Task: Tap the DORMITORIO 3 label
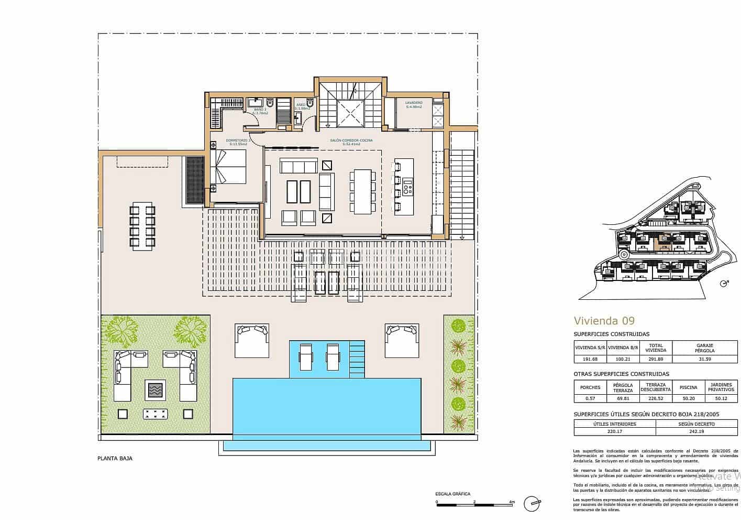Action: click(238, 140)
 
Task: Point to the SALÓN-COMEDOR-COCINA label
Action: click(352, 140)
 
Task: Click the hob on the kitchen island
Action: click(407, 185)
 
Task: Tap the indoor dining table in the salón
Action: click(362, 191)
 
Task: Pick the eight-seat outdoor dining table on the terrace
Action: click(142, 226)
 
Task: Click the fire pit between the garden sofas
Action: click(156, 390)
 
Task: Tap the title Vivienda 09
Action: click(604, 321)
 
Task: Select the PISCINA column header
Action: click(688, 387)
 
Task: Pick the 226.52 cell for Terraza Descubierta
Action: click(655, 398)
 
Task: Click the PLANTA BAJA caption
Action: click(115, 458)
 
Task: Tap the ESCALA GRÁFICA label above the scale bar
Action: click(452, 494)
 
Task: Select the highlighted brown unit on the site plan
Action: click(664, 242)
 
